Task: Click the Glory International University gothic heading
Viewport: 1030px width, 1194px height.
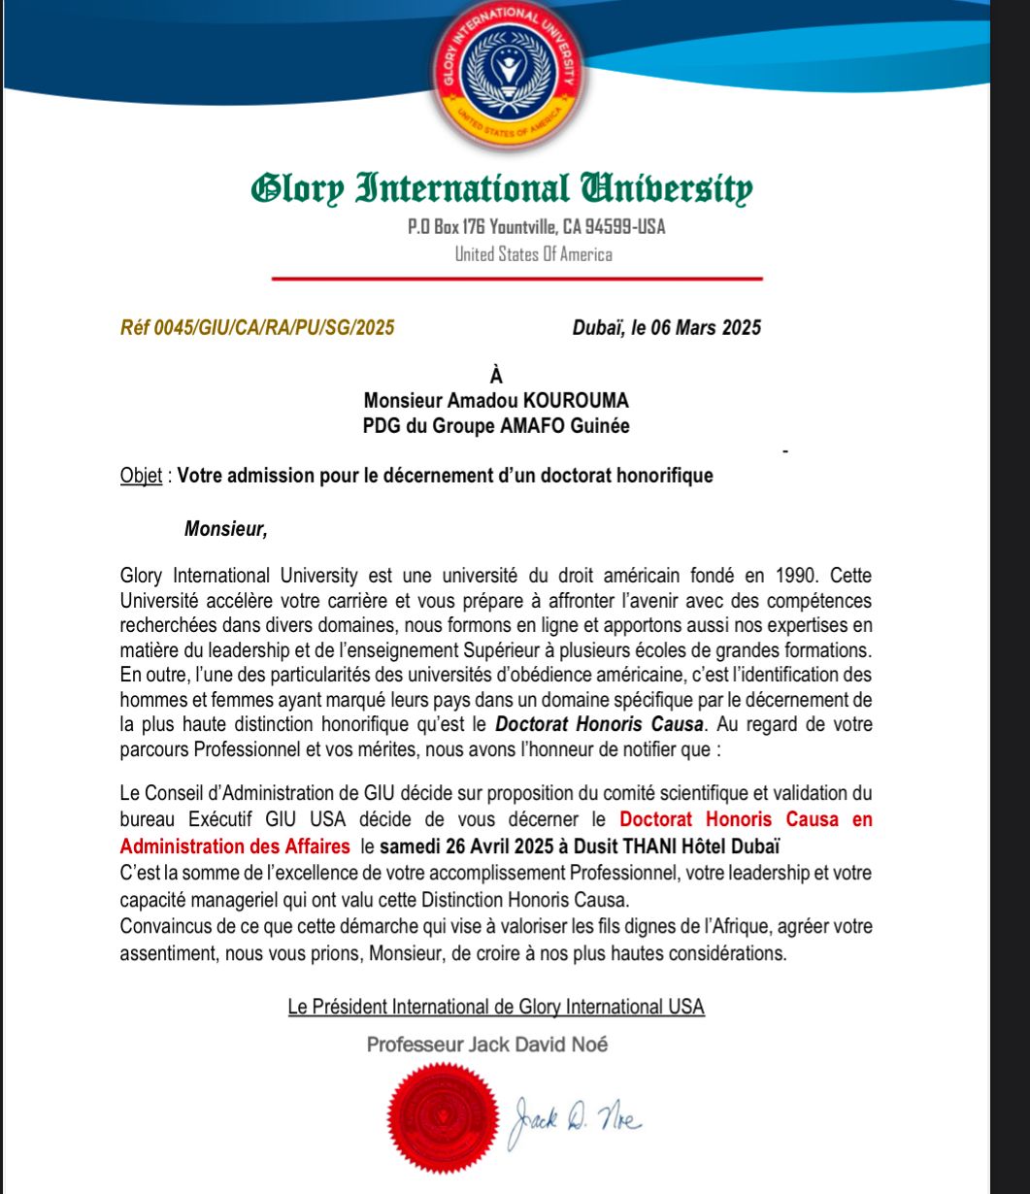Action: pos(502,188)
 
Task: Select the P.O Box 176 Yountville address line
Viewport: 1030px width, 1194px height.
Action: pos(536,228)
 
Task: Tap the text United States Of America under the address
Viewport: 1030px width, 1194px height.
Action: pos(534,254)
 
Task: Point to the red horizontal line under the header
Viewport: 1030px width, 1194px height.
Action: pos(516,279)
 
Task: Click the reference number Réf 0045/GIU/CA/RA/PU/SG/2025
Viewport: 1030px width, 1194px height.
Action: pos(257,327)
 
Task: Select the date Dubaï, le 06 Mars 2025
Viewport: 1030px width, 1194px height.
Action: pos(666,327)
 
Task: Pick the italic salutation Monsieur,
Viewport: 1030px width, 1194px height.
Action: pos(225,530)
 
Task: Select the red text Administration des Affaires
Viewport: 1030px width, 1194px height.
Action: pos(235,846)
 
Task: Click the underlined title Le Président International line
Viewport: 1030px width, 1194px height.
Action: pos(496,1007)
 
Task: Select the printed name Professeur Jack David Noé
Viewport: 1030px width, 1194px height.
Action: pos(488,1045)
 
